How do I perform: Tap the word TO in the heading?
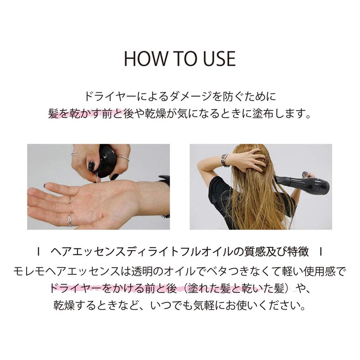tap(185, 58)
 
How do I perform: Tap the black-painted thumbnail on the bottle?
tap(91, 166)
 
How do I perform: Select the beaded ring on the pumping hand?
tap(123, 158)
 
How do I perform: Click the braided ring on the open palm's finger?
tap(70, 219)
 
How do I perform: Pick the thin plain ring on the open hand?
tap(70, 200)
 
